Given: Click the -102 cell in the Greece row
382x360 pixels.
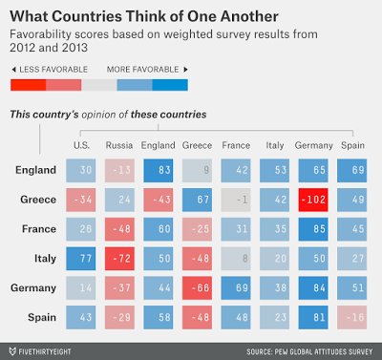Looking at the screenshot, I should (309, 200).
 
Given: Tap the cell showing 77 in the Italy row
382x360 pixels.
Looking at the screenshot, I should (83, 259).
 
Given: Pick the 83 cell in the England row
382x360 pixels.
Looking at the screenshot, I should (159, 170).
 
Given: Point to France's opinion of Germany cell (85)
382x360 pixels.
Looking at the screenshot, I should (309, 229).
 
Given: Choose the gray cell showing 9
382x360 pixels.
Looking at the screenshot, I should (198, 170).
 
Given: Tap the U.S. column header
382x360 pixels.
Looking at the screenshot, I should (83, 145).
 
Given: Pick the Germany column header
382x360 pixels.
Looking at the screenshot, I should (309, 145).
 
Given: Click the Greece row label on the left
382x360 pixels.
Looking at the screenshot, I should (36, 200).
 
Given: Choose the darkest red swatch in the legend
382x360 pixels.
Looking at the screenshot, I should (27, 86).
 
